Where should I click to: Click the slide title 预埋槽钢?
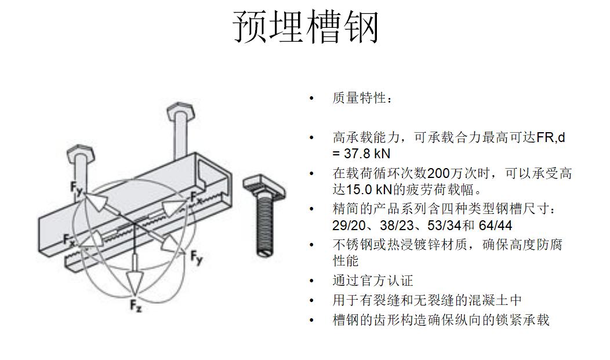click(x=306, y=27)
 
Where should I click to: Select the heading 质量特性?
click(x=360, y=98)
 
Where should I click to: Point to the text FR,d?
click(x=550, y=137)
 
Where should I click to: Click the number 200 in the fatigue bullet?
click(x=438, y=173)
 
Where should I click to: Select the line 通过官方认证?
click(x=373, y=281)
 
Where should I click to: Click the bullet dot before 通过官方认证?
click(x=311, y=281)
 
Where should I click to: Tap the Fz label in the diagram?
click(x=136, y=306)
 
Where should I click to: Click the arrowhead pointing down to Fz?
click(x=135, y=282)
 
